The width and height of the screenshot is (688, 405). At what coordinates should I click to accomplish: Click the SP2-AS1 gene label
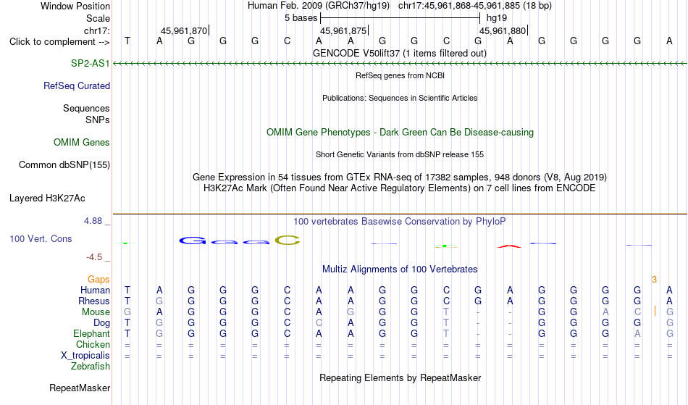pyautogui.click(x=91, y=63)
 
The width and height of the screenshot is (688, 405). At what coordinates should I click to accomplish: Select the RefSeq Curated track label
pyautogui.click(x=77, y=85)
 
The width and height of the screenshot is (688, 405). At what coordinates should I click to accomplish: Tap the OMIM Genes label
pyautogui.click(x=82, y=142)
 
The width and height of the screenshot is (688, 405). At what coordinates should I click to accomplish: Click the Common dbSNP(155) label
pyautogui.click(x=64, y=164)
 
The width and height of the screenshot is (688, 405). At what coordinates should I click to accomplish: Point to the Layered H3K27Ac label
pyautogui.click(x=47, y=198)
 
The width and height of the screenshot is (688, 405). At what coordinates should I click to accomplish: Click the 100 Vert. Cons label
pyautogui.click(x=41, y=238)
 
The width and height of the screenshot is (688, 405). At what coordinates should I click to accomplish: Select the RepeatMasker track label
pyautogui.click(x=80, y=388)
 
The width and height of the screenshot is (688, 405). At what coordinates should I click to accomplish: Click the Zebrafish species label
pyautogui.click(x=91, y=366)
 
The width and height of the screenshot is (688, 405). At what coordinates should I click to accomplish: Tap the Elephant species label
pyautogui.click(x=92, y=333)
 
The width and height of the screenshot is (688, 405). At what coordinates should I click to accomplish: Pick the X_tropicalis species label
pyautogui.click(x=85, y=356)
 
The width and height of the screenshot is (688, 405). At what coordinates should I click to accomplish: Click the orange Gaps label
pyautogui.click(x=98, y=280)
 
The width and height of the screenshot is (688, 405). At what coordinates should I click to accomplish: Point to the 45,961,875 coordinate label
pyautogui.click(x=343, y=30)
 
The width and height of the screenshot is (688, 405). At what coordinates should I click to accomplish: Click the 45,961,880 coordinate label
pyautogui.click(x=503, y=30)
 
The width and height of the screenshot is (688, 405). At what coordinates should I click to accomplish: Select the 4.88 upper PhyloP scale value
pyautogui.click(x=93, y=221)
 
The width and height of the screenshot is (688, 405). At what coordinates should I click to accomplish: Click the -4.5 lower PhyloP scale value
pyautogui.click(x=94, y=256)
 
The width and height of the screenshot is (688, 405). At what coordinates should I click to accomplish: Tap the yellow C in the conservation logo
pyautogui.click(x=288, y=241)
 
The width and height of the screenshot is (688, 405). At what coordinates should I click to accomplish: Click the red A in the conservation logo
pyautogui.click(x=509, y=246)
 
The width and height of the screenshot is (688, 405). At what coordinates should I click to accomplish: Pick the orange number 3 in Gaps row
pyautogui.click(x=654, y=280)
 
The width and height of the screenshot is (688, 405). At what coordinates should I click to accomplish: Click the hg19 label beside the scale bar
pyautogui.click(x=497, y=18)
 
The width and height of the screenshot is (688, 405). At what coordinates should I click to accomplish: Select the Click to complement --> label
pyautogui.click(x=59, y=42)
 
